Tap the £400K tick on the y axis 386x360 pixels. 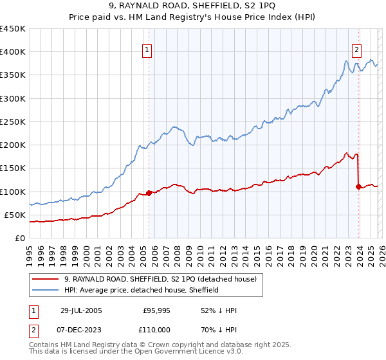click(12, 52)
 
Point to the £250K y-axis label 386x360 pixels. click(12, 122)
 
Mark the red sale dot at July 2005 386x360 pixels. click(149, 193)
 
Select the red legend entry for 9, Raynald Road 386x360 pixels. click(160, 279)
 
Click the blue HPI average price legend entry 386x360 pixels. click(142, 290)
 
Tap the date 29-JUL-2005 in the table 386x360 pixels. click(80, 310)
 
